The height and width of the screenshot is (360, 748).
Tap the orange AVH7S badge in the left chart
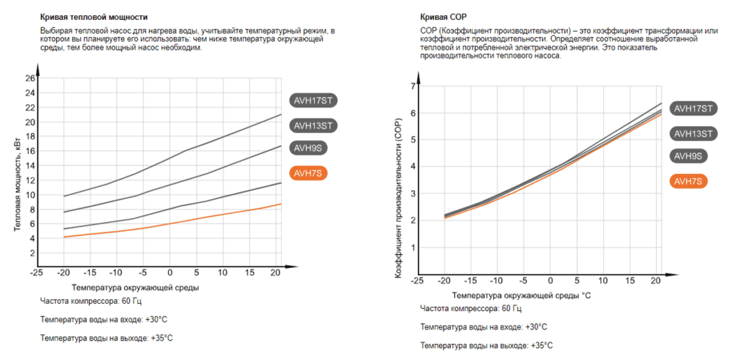pyautogui.click(x=309, y=174)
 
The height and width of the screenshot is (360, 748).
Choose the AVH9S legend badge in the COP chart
pyautogui.click(x=688, y=155)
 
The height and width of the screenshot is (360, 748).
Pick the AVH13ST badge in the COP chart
pyautogui.click(x=693, y=134)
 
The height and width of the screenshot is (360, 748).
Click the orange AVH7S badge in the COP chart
pyautogui.click(x=688, y=181)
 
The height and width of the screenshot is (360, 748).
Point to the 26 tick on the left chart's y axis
pyautogui.click(x=30, y=78)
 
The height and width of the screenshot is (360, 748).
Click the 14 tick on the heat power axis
pyautogui.click(x=30, y=166)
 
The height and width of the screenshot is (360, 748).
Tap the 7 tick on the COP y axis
pyautogui.click(x=413, y=86)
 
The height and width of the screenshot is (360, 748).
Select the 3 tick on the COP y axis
pyautogui.click(x=413, y=193)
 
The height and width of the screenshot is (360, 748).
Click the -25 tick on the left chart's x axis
pyautogui.click(x=36, y=273)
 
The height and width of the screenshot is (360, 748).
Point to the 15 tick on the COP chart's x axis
pyautogui.click(x=630, y=281)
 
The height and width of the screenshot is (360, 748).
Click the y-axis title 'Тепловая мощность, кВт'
pyautogui.click(x=18, y=185)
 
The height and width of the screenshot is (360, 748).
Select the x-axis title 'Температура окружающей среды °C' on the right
pyautogui.click(x=521, y=296)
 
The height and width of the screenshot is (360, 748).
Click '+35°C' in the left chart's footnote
pyautogui.click(x=162, y=338)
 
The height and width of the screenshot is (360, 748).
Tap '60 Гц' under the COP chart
pyautogui.click(x=512, y=309)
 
